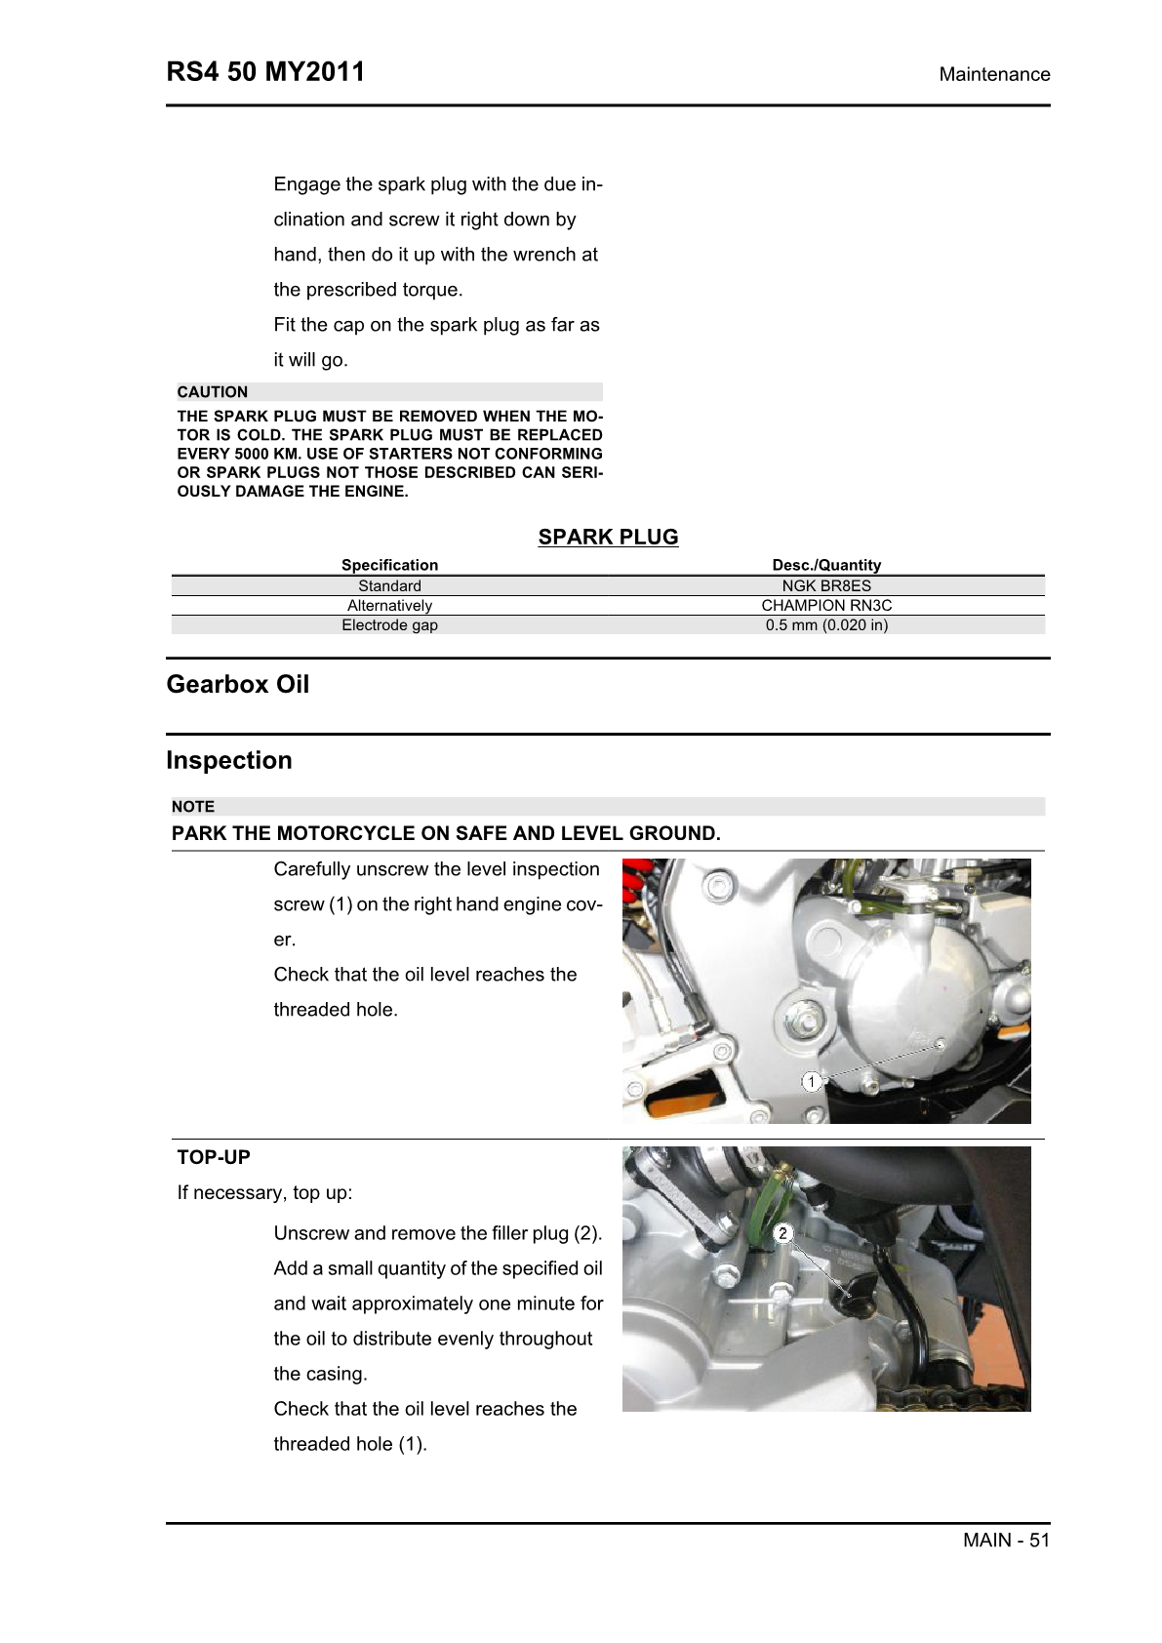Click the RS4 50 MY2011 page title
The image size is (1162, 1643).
click(x=265, y=72)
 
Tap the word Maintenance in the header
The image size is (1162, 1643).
click(x=994, y=74)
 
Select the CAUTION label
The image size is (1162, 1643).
click(x=213, y=392)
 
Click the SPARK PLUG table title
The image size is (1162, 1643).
click(x=608, y=537)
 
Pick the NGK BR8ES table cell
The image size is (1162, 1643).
click(x=826, y=586)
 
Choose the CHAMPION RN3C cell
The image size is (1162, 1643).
click(x=826, y=606)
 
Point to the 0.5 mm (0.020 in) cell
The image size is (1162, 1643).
click(x=826, y=625)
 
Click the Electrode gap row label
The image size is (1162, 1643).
click(x=389, y=625)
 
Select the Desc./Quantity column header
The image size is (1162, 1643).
click(x=826, y=565)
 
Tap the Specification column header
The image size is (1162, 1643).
click(x=389, y=565)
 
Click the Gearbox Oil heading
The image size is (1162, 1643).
click(x=238, y=684)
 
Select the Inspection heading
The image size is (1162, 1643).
click(x=229, y=760)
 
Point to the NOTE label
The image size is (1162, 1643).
click(x=193, y=807)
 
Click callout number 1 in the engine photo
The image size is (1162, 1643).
click(x=811, y=1081)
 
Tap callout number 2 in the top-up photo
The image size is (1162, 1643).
click(x=782, y=1234)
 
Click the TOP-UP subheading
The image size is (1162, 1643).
click(x=214, y=1157)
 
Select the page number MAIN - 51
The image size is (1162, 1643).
click(x=1006, y=1540)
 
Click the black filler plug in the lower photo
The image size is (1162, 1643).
click(x=859, y=1292)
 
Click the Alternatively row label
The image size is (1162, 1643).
click(x=389, y=606)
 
